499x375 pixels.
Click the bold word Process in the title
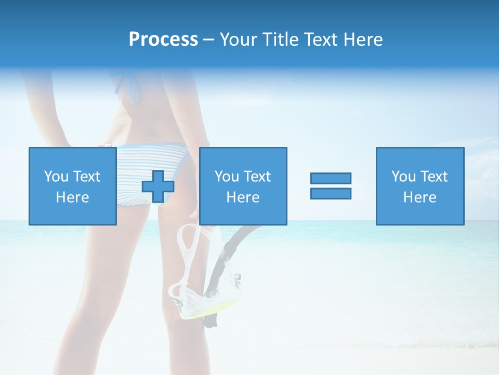point(163,40)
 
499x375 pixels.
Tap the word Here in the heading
point(363,40)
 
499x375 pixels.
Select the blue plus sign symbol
point(158,186)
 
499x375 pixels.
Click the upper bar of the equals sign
point(331,178)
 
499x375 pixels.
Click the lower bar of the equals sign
point(331,193)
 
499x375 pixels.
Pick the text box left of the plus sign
point(73,186)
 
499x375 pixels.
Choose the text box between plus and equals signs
point(243,186)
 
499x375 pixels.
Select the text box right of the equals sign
point(419,186)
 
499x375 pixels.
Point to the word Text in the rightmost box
point(434,177)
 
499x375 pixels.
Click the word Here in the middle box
point(243,197)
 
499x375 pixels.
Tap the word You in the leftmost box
point(57,177)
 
